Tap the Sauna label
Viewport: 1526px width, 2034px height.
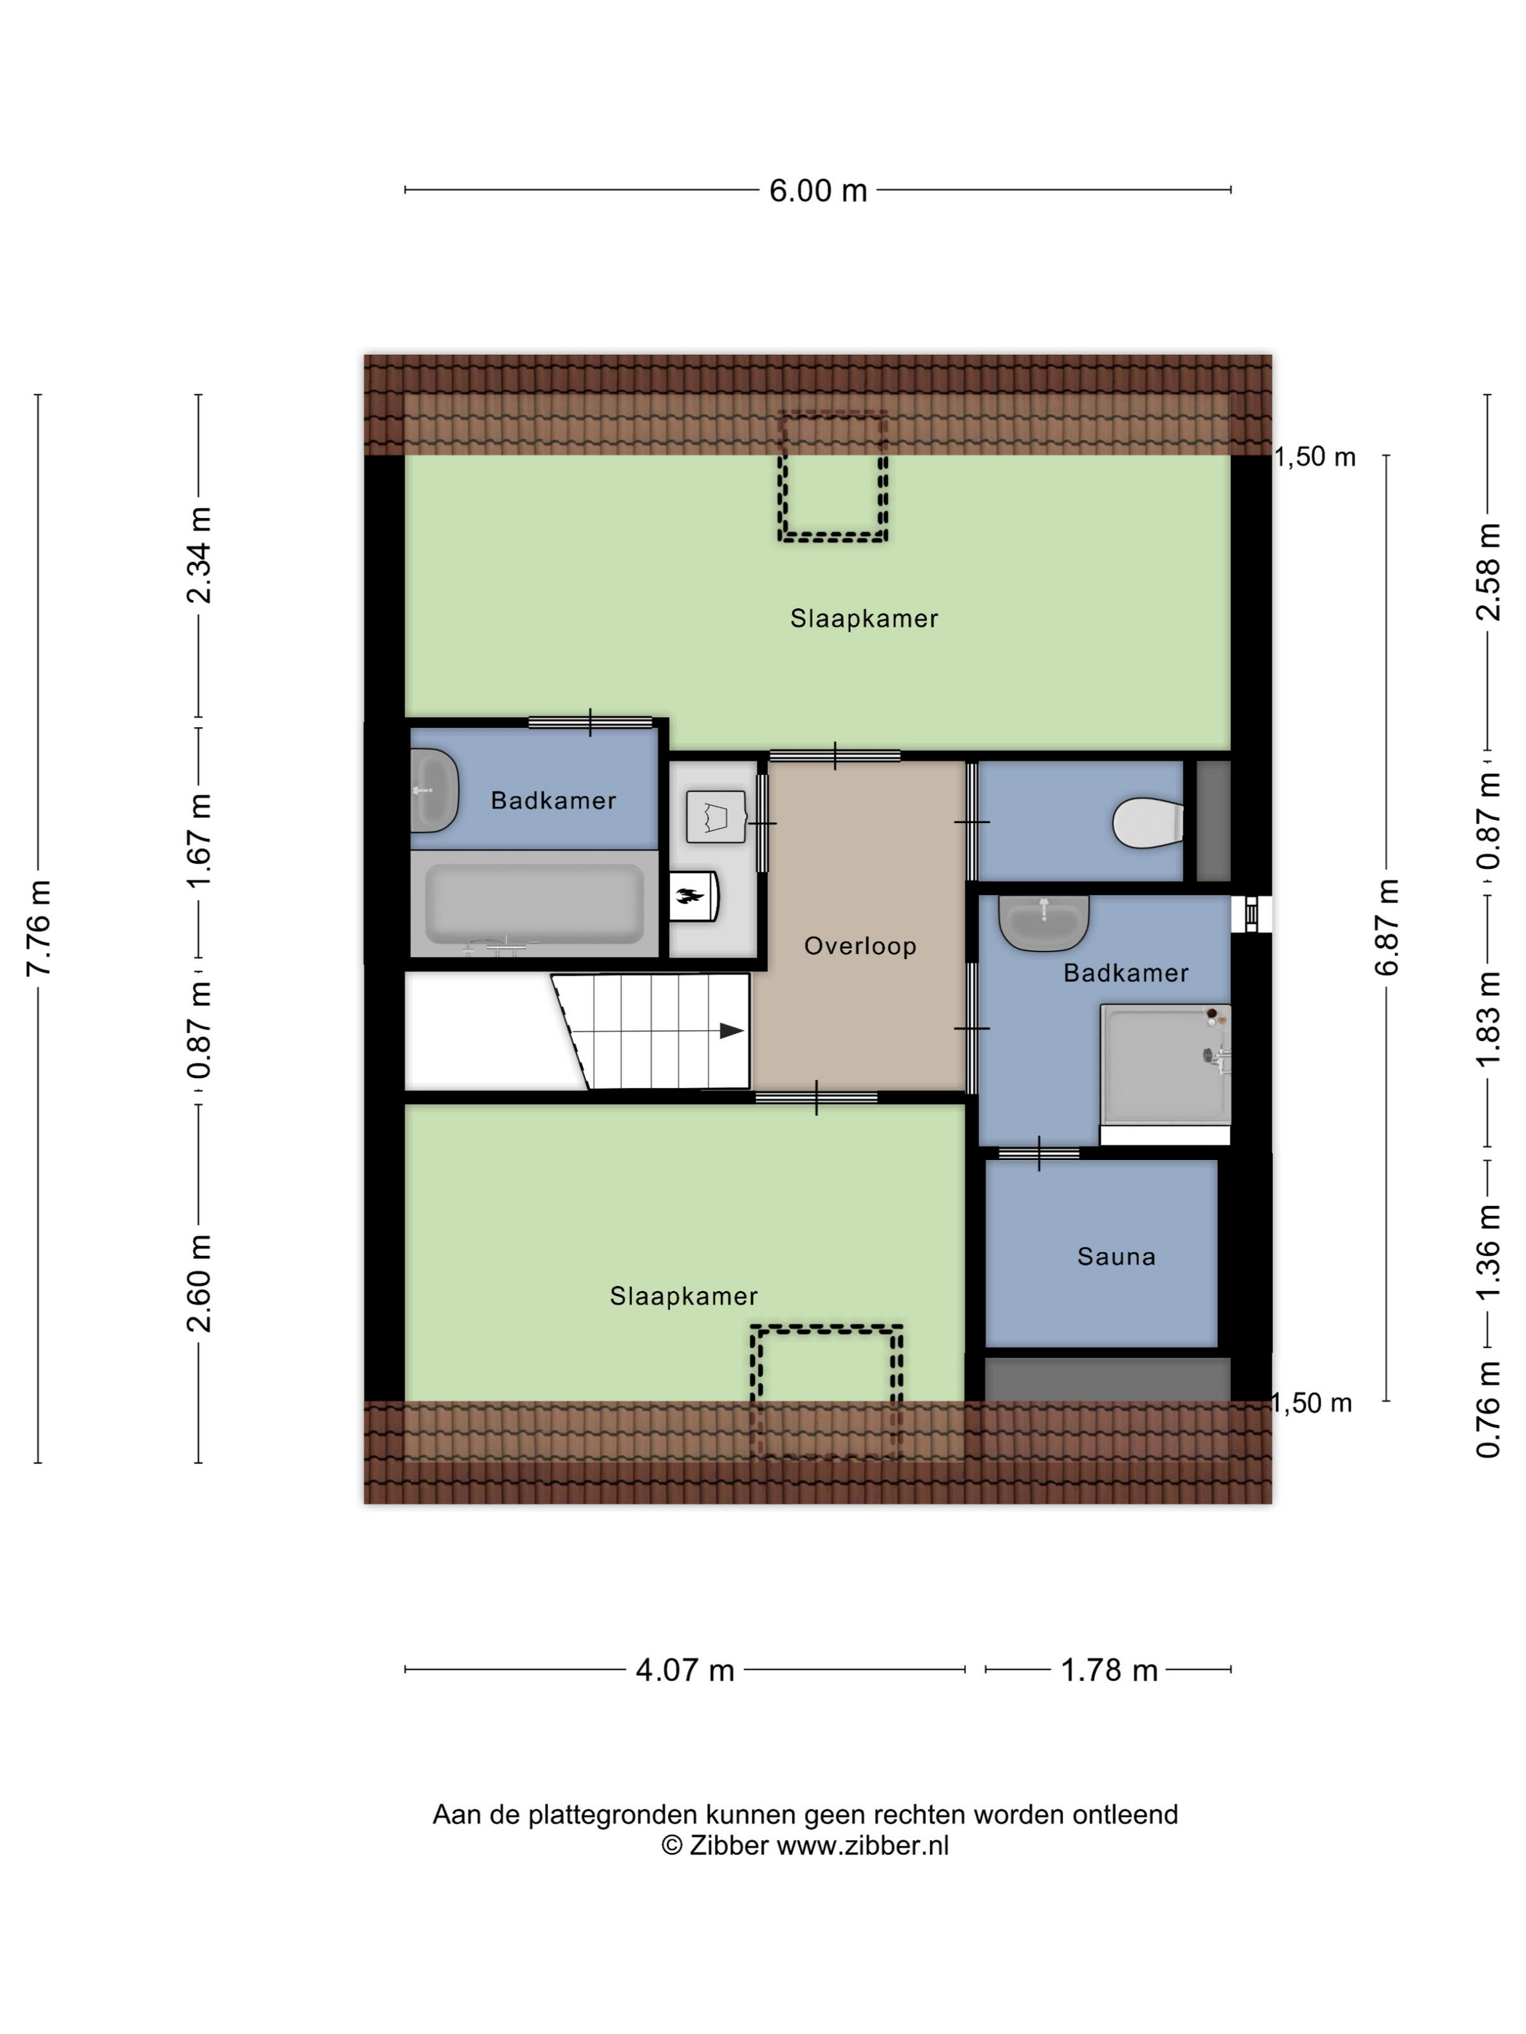tap(1115, 1256)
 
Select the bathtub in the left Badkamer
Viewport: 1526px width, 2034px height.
tap(533, 904)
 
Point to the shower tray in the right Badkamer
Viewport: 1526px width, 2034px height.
tap(1165, 1064)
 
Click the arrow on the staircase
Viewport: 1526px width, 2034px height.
tap(730, 1031)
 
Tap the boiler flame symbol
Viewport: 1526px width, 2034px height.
tap(689, 896)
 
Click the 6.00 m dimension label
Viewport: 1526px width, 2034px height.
tap(817, 191)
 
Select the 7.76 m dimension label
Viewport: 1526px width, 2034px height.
tap(39, 928)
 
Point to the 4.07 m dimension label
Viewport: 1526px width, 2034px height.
tap(685, 1670)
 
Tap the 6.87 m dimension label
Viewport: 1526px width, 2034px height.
tap(1386, 928)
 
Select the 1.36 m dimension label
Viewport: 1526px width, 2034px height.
tap(1487, 1252)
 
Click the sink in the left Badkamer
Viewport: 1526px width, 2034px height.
tap(433, 791)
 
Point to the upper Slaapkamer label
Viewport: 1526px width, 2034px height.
tap(864, 619)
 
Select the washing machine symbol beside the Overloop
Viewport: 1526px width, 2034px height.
tap(715, 817)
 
